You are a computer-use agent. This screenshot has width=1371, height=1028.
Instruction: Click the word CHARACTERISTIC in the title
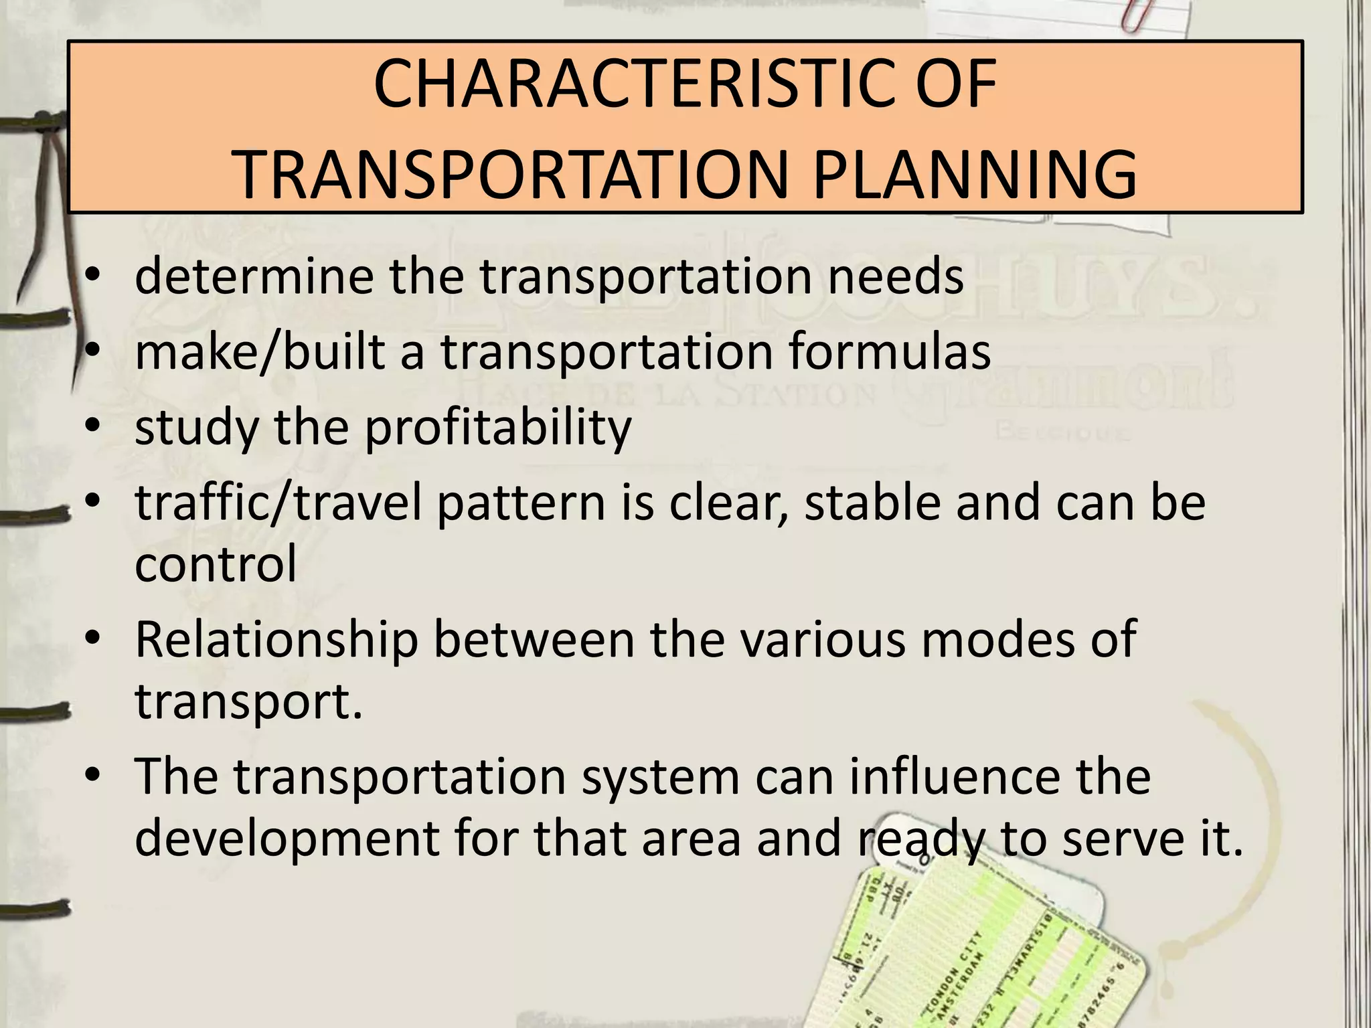(599, 84)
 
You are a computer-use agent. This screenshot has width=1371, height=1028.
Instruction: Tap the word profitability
(498, 428)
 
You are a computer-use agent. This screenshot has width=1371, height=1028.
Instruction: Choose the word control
(216, 564)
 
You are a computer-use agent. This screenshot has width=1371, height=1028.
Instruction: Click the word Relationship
(276, 639)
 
